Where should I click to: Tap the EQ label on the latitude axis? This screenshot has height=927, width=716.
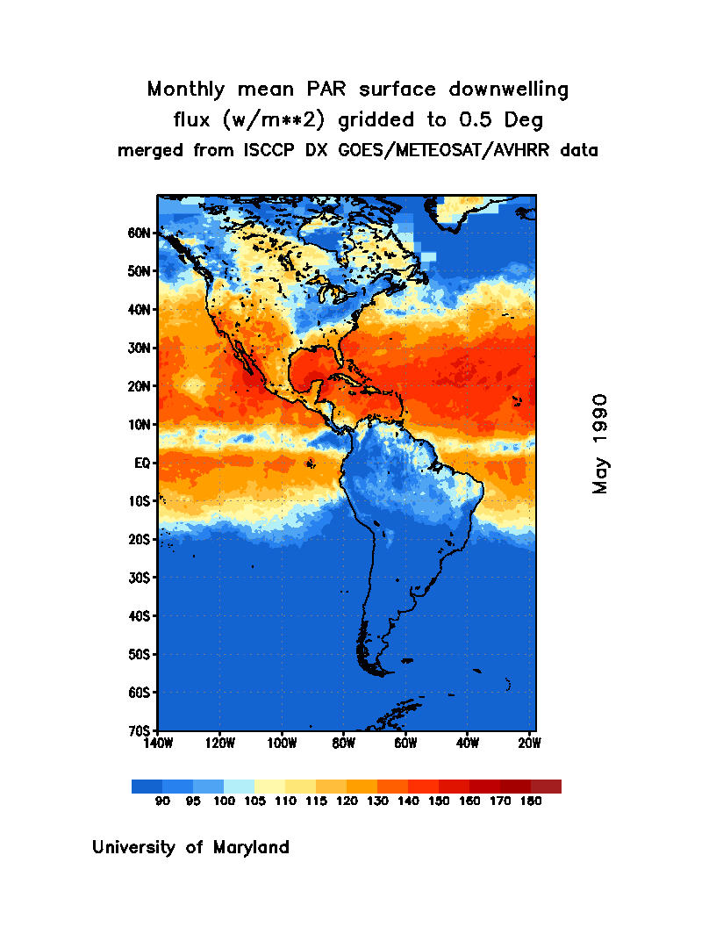pyautogui.click(x=144, y=463)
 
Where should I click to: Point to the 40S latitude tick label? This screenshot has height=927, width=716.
pyautogui.click(x=141, y=615)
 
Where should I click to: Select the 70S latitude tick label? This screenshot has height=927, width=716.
pyautogui.click(x=141, y=730)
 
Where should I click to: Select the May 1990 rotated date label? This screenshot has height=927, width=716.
pyautogui.click(x=600, y=443)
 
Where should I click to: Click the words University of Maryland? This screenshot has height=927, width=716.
pyautogui.click(x=190, y=848)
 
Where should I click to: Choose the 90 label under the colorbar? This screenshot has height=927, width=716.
pyautogui.click(x=162, y=801)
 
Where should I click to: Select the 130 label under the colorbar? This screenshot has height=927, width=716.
pyautogui.click(x=376, y=801)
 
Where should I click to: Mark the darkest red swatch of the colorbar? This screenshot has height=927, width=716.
pyautogui.click(x=546, y=787)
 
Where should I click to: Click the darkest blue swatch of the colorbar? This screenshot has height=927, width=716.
pyautogui.click(x=147, y=787)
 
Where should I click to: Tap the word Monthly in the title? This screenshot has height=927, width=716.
pyautogui.click(x=182, y=90)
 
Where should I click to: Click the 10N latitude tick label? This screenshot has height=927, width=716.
pyautogui.click(x=141, y=425)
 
